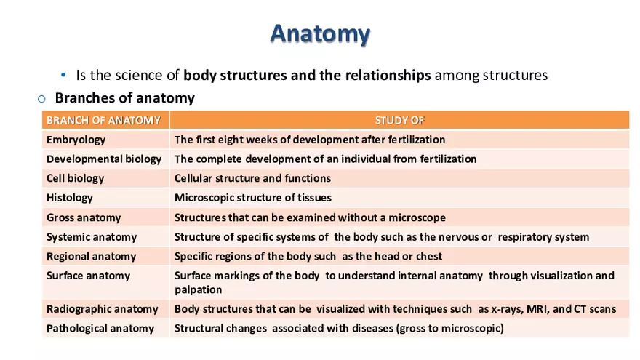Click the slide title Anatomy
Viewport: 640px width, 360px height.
click(320, 33)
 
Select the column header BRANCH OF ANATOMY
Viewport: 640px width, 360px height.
click(103, 121)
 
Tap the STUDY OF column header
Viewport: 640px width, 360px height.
click(399, 121)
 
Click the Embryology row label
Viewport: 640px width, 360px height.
click(76, 140)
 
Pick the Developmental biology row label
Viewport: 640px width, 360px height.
click(104, 159)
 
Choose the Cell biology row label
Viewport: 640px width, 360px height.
click(75, 178)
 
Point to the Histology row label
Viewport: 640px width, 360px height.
click(70, 198)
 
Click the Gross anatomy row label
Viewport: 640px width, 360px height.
click(84, 217)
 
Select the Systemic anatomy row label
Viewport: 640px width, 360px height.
click(92, 237)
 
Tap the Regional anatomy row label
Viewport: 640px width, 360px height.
click(91, 256)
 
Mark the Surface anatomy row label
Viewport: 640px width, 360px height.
click(88, 276)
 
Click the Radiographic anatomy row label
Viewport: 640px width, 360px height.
click(102, 309)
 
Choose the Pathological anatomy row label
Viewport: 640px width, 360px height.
click(100, 329)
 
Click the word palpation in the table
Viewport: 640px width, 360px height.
click(198, 290)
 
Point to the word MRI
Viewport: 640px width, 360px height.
click(537, 309)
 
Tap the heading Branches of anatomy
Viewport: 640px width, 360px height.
click(125, 97)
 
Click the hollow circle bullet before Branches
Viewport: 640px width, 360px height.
click(41, 99)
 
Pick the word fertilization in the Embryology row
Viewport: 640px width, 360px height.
click(412, 140)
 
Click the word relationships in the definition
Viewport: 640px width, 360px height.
click(394, 76)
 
